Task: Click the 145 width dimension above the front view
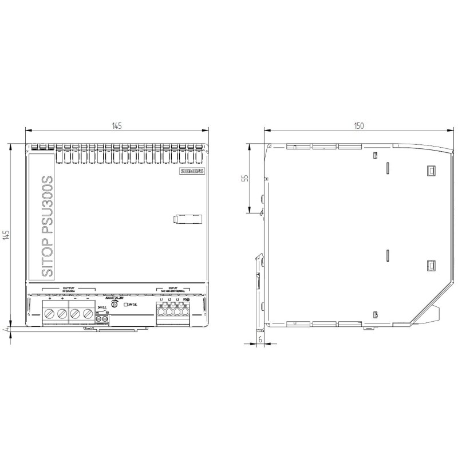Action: pos(116,127)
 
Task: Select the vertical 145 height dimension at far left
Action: pos(6,236)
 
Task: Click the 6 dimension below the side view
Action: pos(260,339)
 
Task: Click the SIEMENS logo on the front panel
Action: pos(192,171)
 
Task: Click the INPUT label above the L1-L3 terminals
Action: pos(174,289)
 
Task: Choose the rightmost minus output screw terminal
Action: pos(87,314)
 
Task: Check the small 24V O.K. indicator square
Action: pos(126,305)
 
